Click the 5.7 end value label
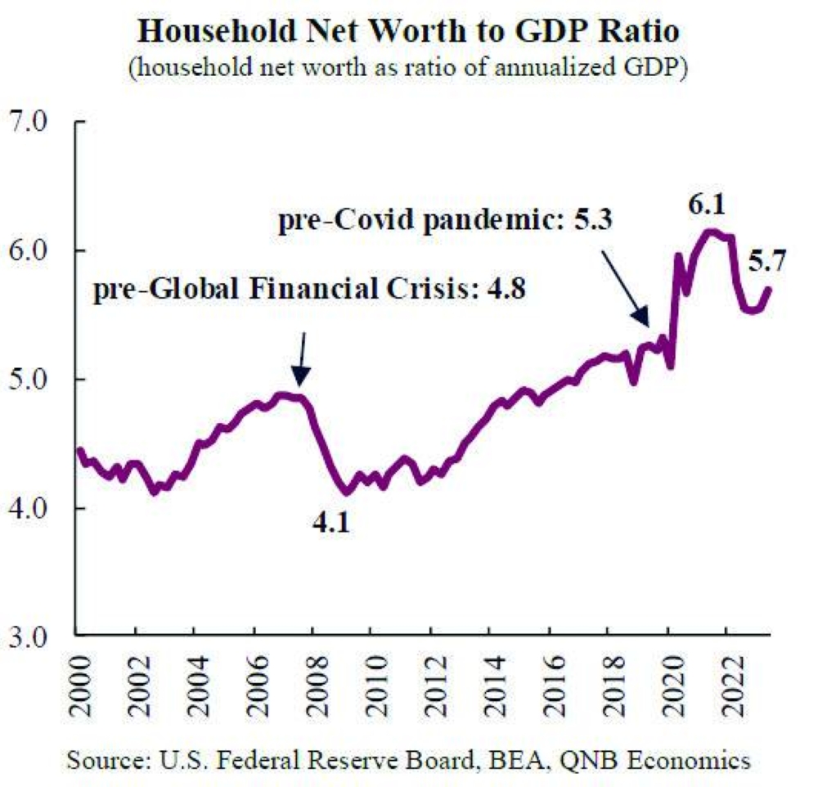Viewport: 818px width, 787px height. [x=767, y=263]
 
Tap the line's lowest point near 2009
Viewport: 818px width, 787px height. [x=346, y=492]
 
